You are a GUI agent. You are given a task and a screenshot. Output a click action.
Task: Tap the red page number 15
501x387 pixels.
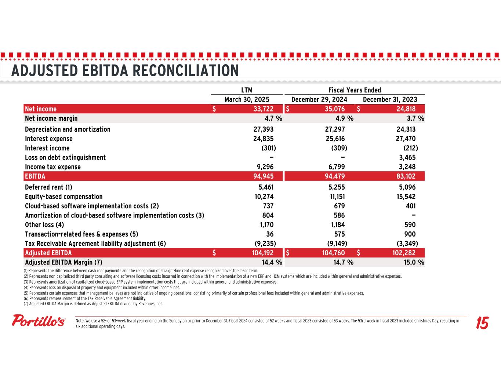(482, 324)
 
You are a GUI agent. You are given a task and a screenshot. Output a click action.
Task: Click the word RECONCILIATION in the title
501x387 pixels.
(185, 70)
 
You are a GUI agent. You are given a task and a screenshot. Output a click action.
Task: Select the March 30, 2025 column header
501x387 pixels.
(247, 99)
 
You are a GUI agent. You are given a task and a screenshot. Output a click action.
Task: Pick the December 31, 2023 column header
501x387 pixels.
(390, 99)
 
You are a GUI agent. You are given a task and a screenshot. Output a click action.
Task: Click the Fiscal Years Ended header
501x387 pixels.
(354, 90)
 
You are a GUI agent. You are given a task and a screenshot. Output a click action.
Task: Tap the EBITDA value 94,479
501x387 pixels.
(334, 176)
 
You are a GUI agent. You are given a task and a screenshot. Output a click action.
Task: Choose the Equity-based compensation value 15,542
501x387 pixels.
(403, 197)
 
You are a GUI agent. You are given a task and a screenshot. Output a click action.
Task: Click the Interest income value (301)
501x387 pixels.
(268, 148)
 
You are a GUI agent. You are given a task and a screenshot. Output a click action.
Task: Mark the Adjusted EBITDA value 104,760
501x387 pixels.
(332, 253)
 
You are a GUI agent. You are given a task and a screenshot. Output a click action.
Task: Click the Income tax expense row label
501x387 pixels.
(52, 167)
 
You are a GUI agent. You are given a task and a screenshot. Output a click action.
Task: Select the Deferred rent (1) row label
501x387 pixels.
(48, 187)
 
